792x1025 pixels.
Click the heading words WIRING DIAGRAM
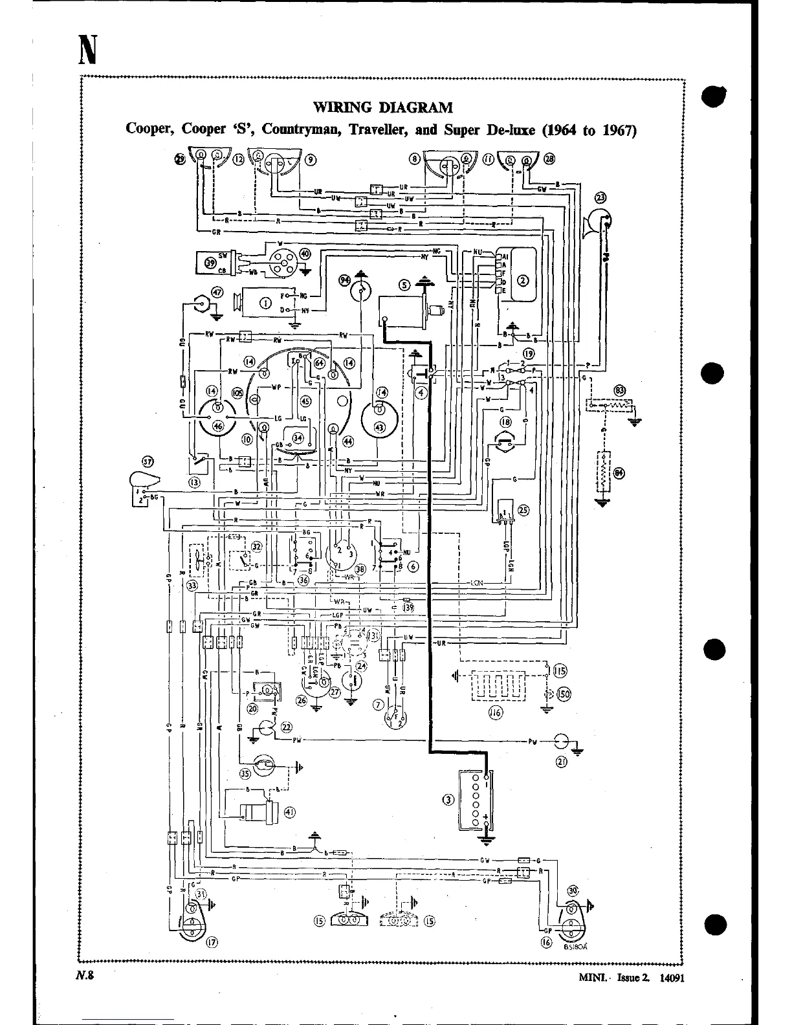point(382,107)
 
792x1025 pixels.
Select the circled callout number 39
point(210,262)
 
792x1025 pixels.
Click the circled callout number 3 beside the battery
point(447,799)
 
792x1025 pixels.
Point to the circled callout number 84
point(620,473)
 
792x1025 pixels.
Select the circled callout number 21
point(561,762)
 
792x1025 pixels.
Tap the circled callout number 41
point(289,813)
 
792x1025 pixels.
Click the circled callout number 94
point(344,280)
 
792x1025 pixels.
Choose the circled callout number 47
point(217,292)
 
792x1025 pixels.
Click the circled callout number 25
point(523,509)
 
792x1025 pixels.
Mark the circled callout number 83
point(620,390)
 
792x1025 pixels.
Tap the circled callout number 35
point(245,773)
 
